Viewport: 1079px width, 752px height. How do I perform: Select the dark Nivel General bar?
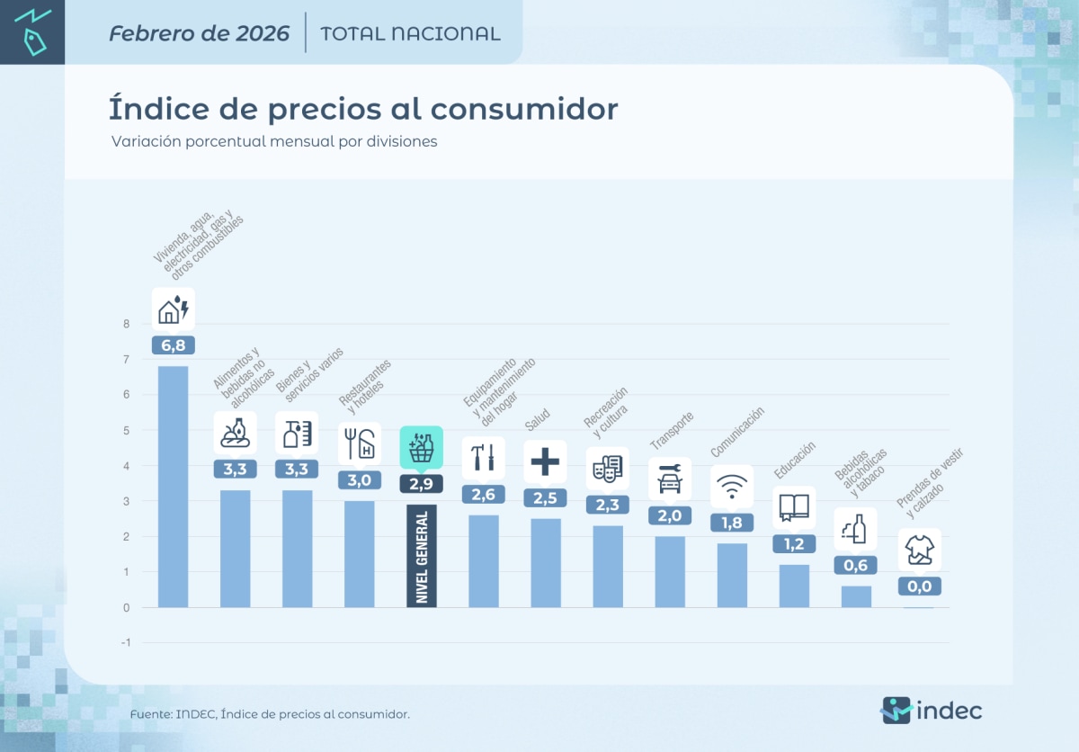coord(422,555)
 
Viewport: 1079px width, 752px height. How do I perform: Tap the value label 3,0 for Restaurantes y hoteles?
coord(360,480)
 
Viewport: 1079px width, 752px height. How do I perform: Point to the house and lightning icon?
coord(174,309)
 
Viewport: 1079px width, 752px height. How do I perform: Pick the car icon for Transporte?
coord(670,479)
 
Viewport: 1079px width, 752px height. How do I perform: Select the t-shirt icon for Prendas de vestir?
coord(919,550)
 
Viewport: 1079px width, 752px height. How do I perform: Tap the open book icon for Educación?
coord(794,508)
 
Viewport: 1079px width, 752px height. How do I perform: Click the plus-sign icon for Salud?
coord(545,461)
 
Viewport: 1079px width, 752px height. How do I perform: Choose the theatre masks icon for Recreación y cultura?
coord(607,469)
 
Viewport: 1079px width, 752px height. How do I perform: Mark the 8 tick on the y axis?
coord(127,325)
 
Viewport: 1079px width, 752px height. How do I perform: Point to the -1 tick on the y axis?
coord(125,642)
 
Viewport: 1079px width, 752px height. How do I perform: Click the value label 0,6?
coord(856,565)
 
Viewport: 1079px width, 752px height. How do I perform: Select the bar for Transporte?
coord(670,571)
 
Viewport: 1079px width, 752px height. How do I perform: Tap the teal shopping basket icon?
coord(421,448)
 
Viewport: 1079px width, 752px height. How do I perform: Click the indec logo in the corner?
coord(931,710)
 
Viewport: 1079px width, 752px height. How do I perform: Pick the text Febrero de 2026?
coord(199,34)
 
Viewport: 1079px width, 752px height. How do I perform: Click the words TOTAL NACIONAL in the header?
coord(410,34)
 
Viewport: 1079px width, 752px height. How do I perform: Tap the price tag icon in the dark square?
coord(31,32)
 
